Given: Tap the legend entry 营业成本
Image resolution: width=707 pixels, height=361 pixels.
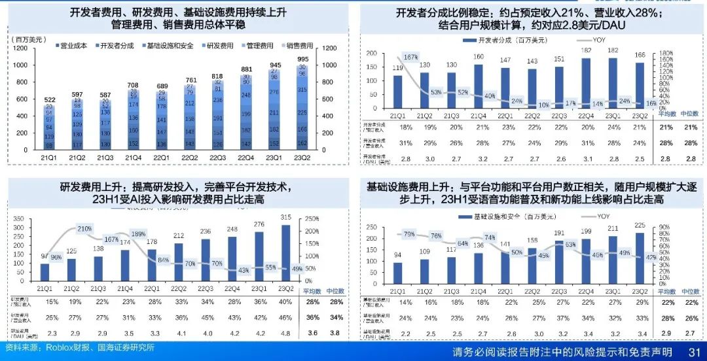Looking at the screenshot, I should (71, 46).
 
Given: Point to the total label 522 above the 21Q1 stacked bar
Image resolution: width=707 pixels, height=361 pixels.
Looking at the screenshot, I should (50, 99).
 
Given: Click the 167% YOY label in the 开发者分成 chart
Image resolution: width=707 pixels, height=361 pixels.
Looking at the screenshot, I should (411, 58).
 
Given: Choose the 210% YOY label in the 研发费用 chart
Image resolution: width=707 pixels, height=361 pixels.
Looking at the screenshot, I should (84, 229).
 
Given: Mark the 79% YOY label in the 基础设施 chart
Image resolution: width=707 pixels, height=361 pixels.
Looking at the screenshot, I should (409, 234).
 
